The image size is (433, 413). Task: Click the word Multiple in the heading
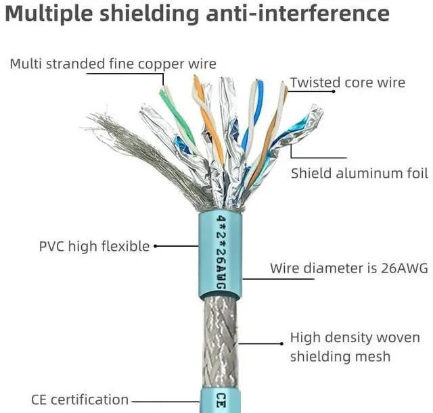[x=49, y=14]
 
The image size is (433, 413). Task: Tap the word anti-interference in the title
[x=298, y=14]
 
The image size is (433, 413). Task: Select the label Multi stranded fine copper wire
[x=113, y=64]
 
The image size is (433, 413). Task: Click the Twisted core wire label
[x=348, y=82]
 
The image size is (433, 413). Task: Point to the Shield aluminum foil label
[x=359, y=174]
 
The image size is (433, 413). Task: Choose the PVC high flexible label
[x=95, y=246]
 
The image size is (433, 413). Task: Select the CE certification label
[x=80, y=399]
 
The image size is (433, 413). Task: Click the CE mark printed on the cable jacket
[x=221, y=401]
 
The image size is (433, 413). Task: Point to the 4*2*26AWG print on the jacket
[x=221, y=252]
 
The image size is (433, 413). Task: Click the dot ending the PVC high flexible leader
[x=156, y=246]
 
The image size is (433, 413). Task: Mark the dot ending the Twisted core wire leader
[x=334, y=91]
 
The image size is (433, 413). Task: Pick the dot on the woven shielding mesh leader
[x=281, y=344]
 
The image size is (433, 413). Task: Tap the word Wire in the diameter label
[x=283, y=268]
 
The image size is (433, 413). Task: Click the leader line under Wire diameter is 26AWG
[x=278, y=279]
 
